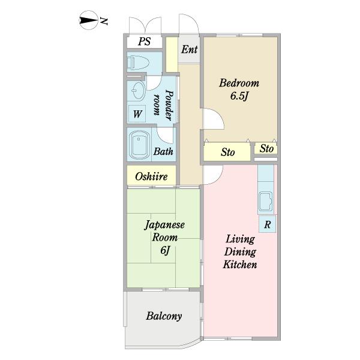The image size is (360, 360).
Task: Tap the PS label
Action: pyautogui.click(x=145, y=41)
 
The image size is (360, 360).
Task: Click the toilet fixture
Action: pyautogui.click(x=138, y=62)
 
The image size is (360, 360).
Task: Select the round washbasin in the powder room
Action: pyautogui.click(x=138, y=90)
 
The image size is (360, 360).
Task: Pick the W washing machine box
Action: pyautogui.click(x=137, y=113)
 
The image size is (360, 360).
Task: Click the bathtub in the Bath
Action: pyautogui.click(x=139, y=145)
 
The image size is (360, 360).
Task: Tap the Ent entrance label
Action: pyautogui.click(x=190, y=49)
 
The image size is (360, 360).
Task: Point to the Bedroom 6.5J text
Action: pyautogui.click(x=239, y=89)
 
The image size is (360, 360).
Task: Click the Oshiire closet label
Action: pyautogui.click(x=151, y=176)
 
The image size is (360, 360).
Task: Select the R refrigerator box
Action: pyautogui.click(x=267, y=224)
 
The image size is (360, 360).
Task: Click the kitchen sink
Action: pyautogui.click(x=266, y=202)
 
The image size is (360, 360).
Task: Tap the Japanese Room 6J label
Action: pyautogui.click(x=164, y=238)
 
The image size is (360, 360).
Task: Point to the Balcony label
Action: pyautogui.click(x=164, y=316)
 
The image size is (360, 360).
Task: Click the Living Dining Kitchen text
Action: pyautogui.click(x=240, y=251)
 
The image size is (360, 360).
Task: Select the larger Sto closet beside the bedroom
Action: pyautogui.click(x=227, y=152)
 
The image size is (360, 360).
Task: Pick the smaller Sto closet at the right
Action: pyautogui.click(x=266, y=148)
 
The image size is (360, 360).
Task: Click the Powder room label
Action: pyautogui.click(x=163, y=105)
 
